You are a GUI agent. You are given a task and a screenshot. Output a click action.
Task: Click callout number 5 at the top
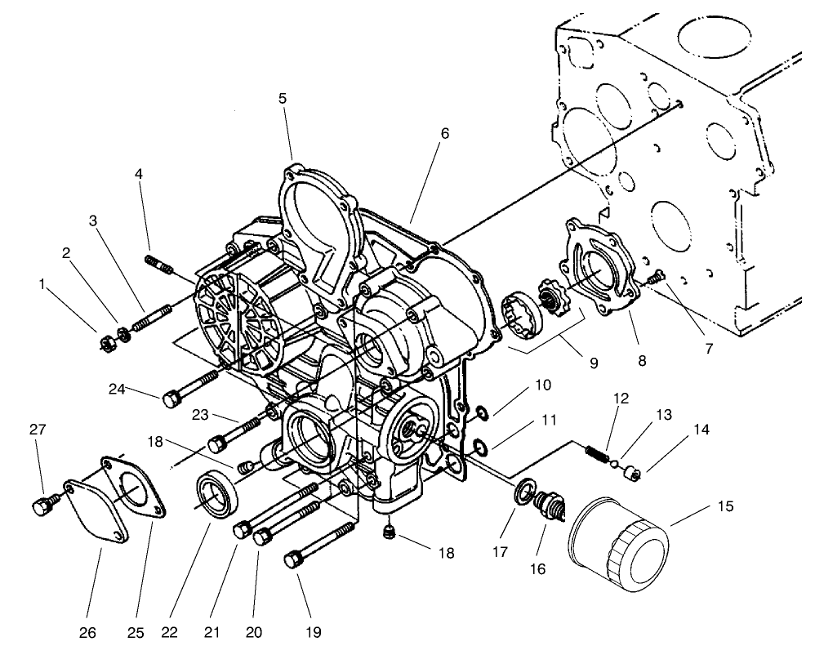pos(282,98)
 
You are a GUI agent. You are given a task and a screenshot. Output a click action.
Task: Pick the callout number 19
pos(314,631)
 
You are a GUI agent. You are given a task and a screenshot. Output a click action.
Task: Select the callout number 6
pos(443,132)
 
